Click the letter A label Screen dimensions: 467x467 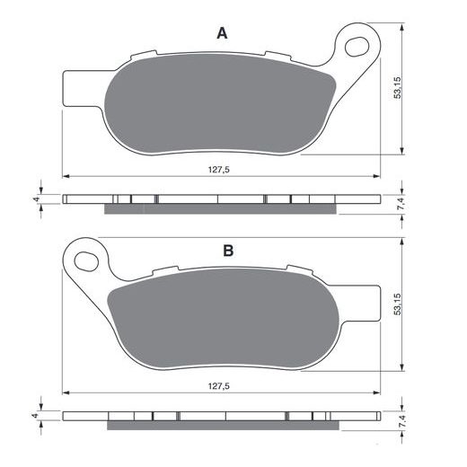222,33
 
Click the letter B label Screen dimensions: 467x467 228,251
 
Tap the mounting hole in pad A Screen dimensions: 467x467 357,47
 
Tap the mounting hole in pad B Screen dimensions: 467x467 86,261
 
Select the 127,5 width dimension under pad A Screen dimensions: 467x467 219,170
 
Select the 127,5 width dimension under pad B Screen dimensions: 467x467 219,386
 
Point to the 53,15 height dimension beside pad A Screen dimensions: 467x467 397,88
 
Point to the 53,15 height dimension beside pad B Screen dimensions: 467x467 397,304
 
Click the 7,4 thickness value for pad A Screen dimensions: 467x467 402,204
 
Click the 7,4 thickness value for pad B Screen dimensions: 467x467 402,421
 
